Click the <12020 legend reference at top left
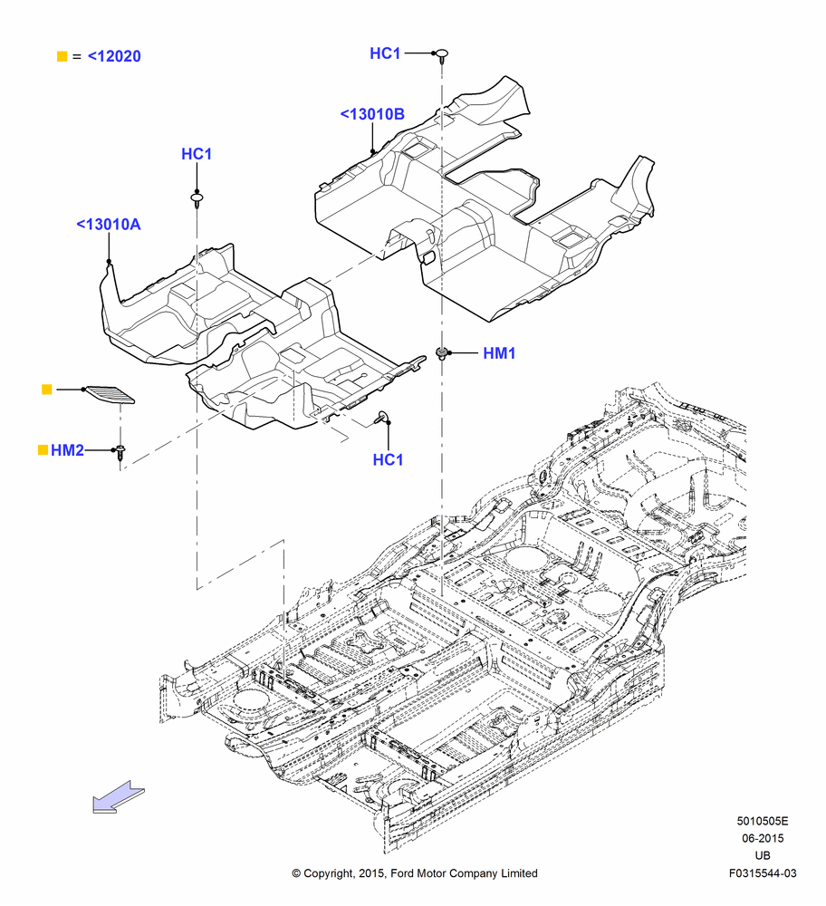click(114, 56)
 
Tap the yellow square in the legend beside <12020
click(62, 56)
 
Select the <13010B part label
click(372, 114)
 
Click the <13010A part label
click(109, 224)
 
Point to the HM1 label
click(499, 353)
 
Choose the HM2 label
click(67, 450)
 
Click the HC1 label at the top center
click(385, 53)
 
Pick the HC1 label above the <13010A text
click(197, 154)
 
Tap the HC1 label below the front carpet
click(388, 459)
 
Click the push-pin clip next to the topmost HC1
click(442, 55)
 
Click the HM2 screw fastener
click(120, 452)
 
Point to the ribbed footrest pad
click(110, 395)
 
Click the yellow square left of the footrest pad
click(47, 390)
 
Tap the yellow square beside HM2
click(43, 449)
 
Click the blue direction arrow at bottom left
click(119, 796)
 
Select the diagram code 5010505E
click(762, 821)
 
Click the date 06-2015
click(763, 838)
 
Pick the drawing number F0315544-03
click(763, 873)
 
